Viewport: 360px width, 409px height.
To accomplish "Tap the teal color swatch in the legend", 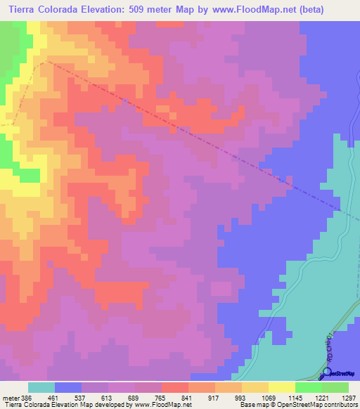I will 41,387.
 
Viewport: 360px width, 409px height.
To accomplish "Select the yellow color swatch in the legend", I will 281,387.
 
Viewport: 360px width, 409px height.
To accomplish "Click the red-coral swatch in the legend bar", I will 174,387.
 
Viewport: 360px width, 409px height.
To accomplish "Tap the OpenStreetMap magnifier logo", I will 327,372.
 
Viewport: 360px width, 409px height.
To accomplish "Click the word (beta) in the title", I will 337,9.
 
